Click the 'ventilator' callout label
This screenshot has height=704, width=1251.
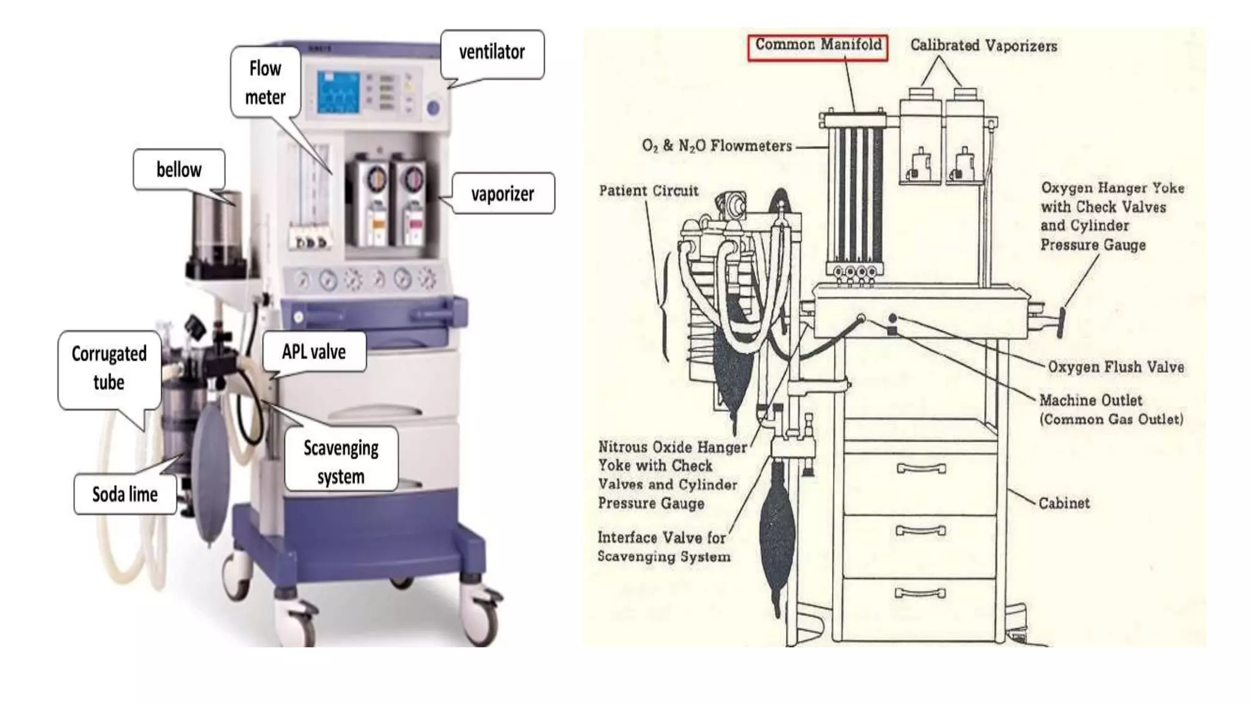pyautogui.click(x=492, y=53)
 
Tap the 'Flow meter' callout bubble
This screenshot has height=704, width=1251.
pyautogui.click(x=265, y=82)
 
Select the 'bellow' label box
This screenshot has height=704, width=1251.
pyautogui.click(x=178, y=170)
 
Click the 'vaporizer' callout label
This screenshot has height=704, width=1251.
pyautogui.click(x=502, y=194)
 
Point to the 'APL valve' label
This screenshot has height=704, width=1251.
pyautogui.click(x=314, y=352)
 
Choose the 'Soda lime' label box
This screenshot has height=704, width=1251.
pyautogui.click(x=125, y=494)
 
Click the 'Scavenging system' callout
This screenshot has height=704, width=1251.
pyautogui.click(x=341, y=461)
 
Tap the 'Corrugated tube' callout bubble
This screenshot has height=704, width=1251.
pyautogui.click(x=109, y=368)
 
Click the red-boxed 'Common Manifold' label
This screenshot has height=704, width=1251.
pyautogui.click(x=818, y=45)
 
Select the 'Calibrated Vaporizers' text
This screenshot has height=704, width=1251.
pyautogui.click(x=983, y=46)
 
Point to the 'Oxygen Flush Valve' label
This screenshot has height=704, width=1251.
pyautogui.click(x=1115, y=367)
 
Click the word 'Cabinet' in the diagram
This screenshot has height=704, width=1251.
pyautogui.click(x=1063, y=504)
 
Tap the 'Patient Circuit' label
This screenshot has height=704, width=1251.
pyautogui.click(x=648, y=191)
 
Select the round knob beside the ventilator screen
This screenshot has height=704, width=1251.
pyautogui.click(x=433, y=109)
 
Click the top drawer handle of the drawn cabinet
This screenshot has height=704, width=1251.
pyautogui.click(x=921, y=469)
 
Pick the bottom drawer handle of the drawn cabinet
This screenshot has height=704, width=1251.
pyautogui.click(x=920, y=593)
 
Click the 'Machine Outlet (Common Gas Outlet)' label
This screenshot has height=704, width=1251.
pyautogui.click(x=1111, y=409)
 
